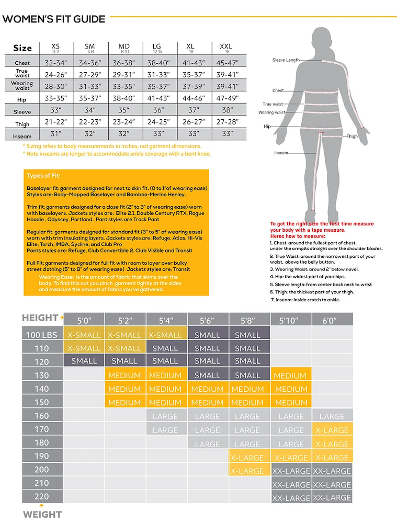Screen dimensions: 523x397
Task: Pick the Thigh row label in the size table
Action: tap(22, 124)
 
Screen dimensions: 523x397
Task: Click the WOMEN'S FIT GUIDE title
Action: tap(54, 19)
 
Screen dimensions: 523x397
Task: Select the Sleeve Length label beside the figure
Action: tap(286, 60)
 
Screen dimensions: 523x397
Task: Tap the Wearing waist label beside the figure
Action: tap(271, 112)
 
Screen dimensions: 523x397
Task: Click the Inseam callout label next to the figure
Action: tap(281, 153)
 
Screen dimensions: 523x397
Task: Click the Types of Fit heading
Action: tap(43, 176)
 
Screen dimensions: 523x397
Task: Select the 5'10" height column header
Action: tap(291, 319)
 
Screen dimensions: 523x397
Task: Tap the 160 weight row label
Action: tap(42, 416)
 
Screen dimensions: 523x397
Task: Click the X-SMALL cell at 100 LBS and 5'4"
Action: tap(165, 335)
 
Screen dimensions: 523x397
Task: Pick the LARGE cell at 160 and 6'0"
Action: tap(332, 416)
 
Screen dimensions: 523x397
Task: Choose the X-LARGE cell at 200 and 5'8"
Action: tap(247, 471)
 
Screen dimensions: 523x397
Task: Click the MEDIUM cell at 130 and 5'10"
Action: tap(291, 376)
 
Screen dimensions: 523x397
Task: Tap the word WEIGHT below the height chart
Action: tap(42, 514)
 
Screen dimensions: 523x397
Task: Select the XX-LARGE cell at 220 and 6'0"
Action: tap(332, 498)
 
